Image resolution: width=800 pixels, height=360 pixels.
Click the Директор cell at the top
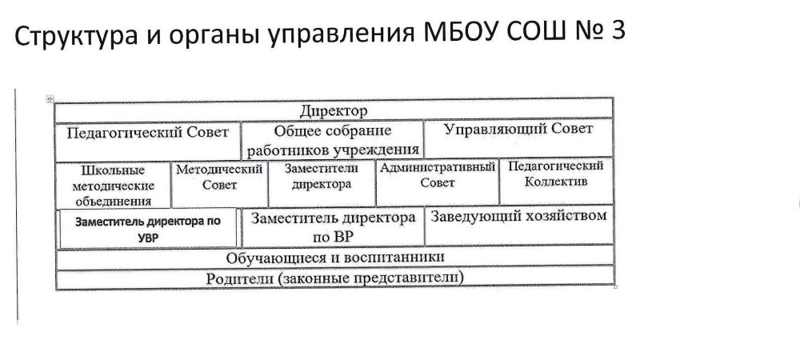[334, 110]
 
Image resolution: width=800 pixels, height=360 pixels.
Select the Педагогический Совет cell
[147, 142]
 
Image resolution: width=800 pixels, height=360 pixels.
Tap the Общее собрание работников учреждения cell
[332, 140]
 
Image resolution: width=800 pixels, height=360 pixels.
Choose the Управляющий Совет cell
[518, 138]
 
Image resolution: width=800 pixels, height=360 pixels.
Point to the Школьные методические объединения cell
[114, 185]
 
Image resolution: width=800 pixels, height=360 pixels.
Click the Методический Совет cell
[220, 184]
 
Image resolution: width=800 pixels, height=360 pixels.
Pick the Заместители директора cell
[322, 183]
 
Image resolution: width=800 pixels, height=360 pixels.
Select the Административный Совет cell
[438, 182]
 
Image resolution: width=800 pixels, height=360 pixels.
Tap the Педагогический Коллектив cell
[556, 182]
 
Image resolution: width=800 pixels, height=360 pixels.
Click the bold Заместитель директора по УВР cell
[148, 229]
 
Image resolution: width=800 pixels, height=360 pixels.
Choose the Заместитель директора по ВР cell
[333, 226]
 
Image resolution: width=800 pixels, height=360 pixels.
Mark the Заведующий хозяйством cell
[519, 225]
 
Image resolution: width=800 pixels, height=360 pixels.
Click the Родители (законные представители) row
[335, 278]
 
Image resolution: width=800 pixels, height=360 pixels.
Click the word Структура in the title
[76, 35]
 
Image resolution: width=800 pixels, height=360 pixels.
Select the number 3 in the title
[617, 32]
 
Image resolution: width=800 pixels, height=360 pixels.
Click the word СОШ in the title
[537, 32]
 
